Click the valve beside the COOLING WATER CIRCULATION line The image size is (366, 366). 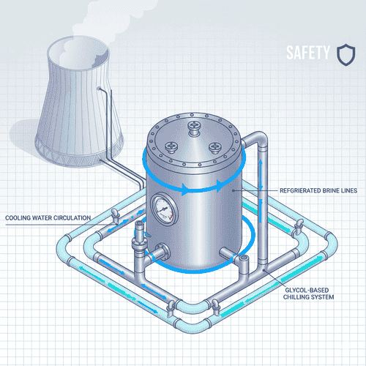(x=115, y=214)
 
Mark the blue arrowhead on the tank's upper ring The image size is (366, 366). (x=192, y=191)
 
